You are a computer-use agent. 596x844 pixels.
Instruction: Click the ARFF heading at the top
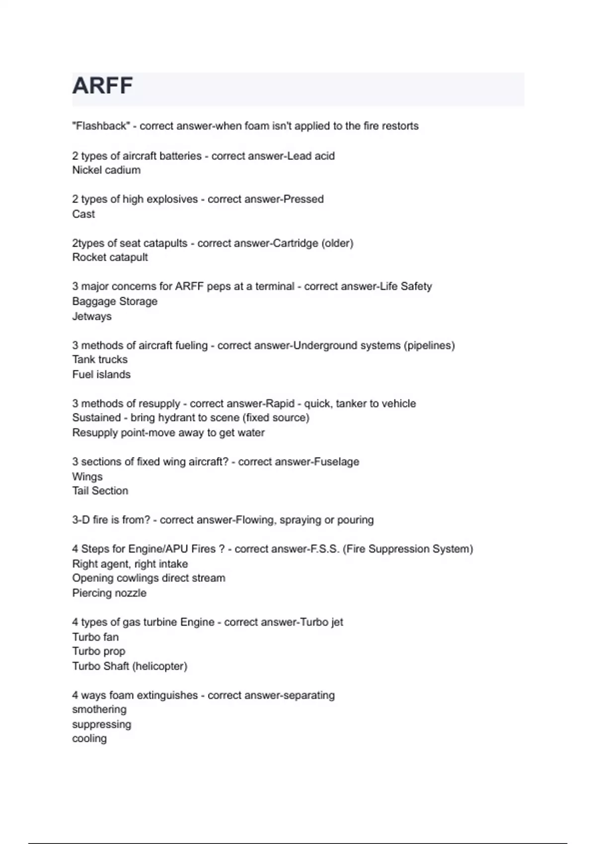[x=102, y=86]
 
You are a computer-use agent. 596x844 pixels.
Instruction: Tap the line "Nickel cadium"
[x=106, y=170]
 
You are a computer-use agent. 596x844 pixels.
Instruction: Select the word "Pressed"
[x=303, y=199]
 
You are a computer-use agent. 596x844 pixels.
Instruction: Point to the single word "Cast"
[x=83, y=214]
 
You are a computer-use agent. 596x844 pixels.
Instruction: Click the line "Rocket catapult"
[x=110, y=257]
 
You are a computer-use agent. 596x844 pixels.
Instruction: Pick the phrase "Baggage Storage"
[x=115, y=301]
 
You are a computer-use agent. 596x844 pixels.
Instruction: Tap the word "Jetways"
[x=92, y=316]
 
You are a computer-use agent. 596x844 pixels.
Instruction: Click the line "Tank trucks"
[x=100, y=359]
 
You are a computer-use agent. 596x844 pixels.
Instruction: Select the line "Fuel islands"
[x=101, y=374]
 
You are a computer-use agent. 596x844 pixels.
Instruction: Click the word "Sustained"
[x=96, y=418]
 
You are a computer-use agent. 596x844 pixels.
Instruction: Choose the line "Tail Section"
[x=100, y=491]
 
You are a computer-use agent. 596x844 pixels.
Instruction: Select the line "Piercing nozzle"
[x=109, y=593]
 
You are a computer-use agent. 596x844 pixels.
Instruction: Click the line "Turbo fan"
[x=95, y=637]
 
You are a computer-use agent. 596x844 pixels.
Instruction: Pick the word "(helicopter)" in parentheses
[x=159, y=666]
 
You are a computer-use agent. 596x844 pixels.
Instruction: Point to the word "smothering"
[x=99, y=709]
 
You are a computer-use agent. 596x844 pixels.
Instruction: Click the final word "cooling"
[x=89, y=739]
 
